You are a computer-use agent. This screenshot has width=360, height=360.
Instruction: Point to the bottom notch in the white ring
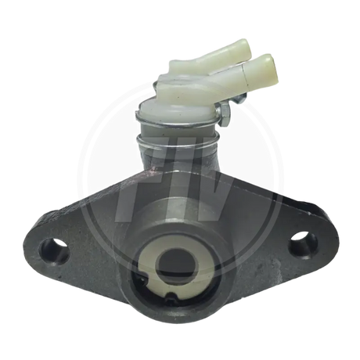(171, 296)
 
